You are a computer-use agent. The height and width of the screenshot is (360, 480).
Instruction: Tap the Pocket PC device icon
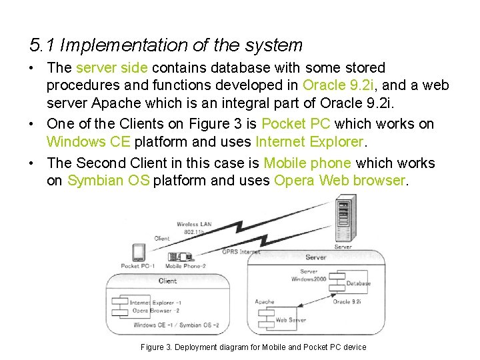(139, 253)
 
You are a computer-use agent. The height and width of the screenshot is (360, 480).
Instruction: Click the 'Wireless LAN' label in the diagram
(194, 225)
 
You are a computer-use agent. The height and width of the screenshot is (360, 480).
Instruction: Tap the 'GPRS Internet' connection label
(241, 252)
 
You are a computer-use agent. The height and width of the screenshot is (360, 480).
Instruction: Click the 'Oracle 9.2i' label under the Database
(347, 302)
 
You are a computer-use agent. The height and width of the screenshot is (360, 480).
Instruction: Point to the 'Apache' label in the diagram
(265, 302)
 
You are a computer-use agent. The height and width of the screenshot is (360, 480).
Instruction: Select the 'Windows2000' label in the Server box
(309, 279)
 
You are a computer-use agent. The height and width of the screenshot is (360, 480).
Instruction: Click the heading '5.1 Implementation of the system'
(166, 45)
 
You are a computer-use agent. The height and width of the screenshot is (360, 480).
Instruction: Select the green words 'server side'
(114, 68)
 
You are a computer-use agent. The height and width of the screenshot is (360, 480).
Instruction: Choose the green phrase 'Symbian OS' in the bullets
(109, 181)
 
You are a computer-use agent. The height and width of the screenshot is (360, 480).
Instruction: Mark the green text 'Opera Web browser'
(339, 181)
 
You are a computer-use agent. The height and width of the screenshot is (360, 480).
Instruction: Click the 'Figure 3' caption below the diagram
(253, 347)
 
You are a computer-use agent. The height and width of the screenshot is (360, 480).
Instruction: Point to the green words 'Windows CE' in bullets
(89, 142)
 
